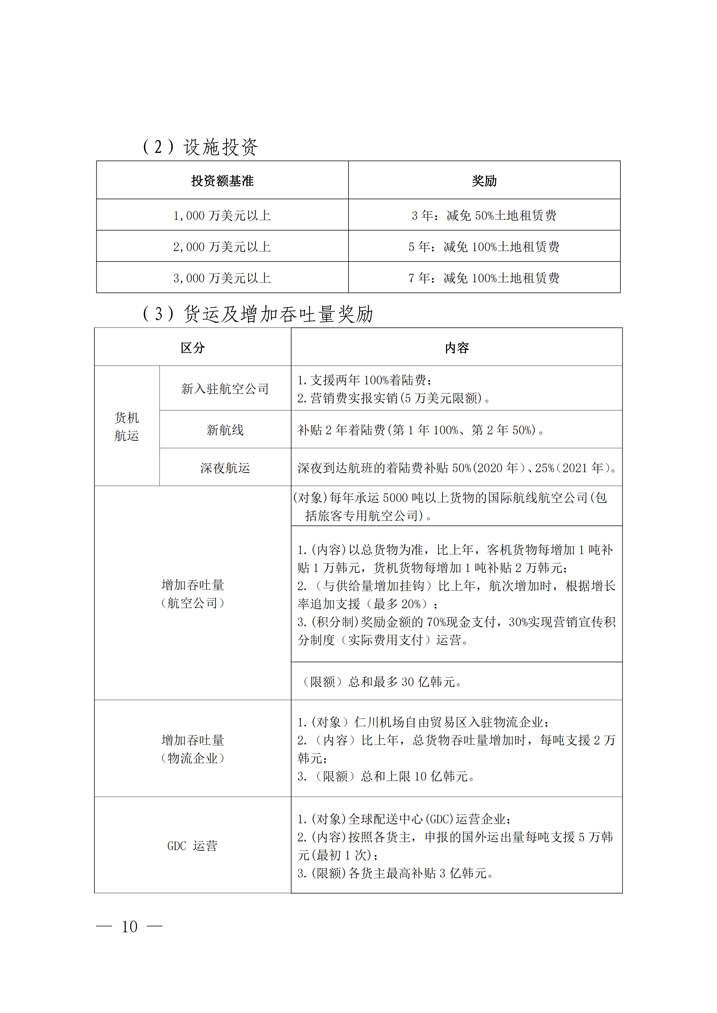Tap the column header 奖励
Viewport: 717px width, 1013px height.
click(484, 181)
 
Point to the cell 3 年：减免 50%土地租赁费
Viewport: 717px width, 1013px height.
click(484, 215)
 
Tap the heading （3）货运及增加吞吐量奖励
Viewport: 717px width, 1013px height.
click(258, 314)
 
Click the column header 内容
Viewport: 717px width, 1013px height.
click(457, 348)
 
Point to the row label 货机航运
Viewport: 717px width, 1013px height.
click(127, 426)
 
